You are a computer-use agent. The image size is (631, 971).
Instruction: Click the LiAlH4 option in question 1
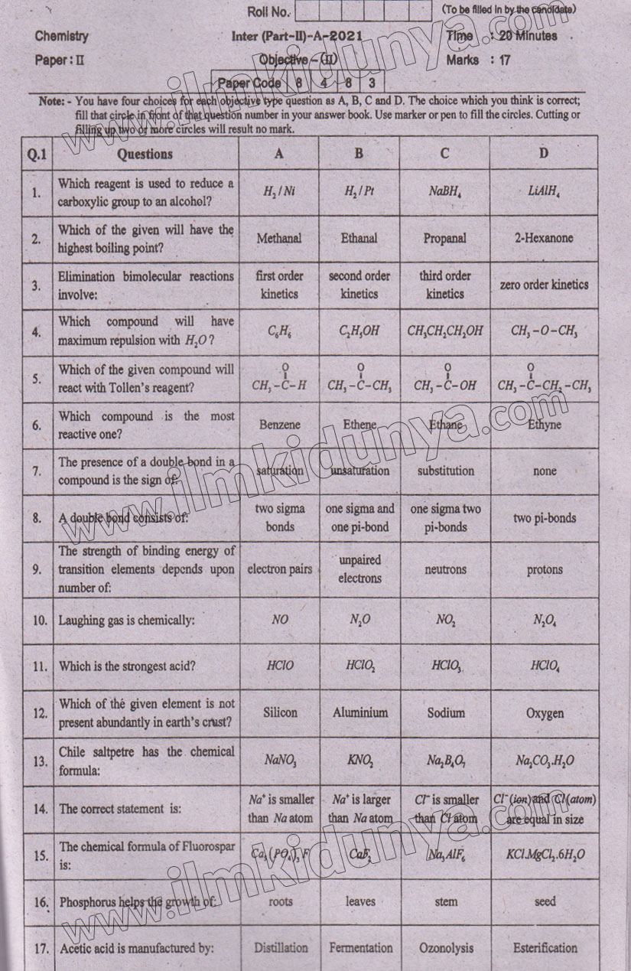tap(544, 191)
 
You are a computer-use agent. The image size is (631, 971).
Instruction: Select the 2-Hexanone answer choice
tap(544, 238)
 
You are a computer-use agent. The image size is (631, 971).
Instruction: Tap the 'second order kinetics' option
tap(359, 285)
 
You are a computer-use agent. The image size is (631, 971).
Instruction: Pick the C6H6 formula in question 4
tap(280, 331)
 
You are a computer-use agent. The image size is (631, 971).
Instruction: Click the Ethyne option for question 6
tap(544, 425)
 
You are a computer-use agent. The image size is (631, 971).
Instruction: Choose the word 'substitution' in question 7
tap(446, 471)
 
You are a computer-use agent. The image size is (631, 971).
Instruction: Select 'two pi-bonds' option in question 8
tap(545, 518)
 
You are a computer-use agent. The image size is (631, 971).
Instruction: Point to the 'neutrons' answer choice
tap(445, 569)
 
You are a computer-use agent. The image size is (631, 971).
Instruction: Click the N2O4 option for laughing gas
tap(545, 620)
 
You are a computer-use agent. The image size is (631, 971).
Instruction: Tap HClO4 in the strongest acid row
tap(545, 666)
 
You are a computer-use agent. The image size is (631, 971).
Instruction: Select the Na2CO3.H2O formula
tap(545, 761)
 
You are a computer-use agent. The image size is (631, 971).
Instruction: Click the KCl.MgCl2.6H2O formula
tap(545, 855)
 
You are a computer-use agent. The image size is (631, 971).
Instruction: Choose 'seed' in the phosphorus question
tap(545, 901)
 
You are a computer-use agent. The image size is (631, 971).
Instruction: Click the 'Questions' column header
tap(145, 154)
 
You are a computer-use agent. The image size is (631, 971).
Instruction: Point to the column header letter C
tap(445, 153)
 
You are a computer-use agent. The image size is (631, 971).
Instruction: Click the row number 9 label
tap(37, 569)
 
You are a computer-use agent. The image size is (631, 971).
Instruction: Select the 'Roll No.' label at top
tap(268, 11)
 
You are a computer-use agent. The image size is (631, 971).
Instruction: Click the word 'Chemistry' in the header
tap(62, 36)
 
